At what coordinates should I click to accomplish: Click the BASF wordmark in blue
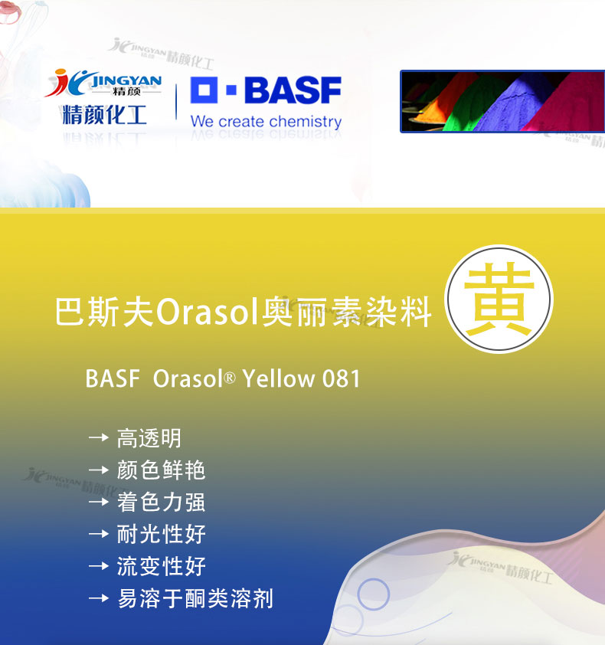(x=293, y=90)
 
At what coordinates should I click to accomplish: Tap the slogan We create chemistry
(x=266, y=122)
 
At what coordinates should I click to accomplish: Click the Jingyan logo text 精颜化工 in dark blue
(x=104, y=114)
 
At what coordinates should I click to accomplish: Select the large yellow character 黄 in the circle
(x=499, y=299)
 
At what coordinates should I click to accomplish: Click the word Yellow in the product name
(x=279, y=378)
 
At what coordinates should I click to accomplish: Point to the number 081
(x=341, y=378)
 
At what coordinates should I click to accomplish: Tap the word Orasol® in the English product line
(x=194, y=378)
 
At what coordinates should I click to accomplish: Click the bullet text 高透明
(x=149, y=438)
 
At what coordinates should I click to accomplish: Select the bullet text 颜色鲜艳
(x=161, y=470)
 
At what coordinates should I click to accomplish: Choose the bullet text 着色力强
(x=161, y=502)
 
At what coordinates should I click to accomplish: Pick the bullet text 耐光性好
(x=161, y=534)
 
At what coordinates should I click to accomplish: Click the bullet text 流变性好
(x=161, y=566)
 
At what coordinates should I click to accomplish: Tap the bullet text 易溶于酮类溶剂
(x=195, y=598)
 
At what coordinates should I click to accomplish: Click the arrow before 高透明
(x=99, y=437)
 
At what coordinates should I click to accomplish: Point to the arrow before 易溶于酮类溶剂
(x=99, y=598)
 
